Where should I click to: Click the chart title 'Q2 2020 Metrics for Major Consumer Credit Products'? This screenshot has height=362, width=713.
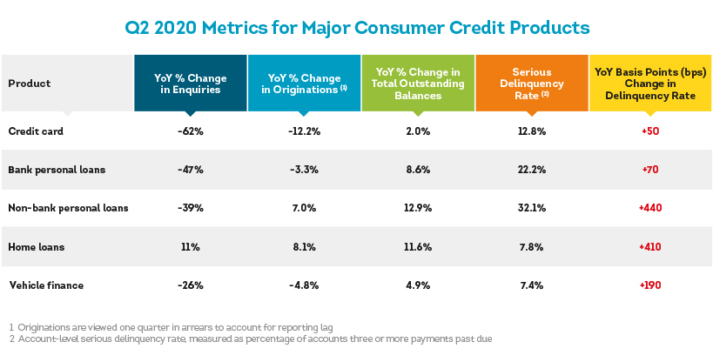357,28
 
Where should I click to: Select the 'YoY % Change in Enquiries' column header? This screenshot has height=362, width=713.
191,84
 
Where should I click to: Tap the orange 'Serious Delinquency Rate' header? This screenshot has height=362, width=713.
532,84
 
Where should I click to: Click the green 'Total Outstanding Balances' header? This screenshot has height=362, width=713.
418,84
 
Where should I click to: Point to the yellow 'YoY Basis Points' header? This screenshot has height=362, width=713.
650,84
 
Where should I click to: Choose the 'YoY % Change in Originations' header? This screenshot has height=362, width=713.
304,84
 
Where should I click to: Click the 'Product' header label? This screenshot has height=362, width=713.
30,84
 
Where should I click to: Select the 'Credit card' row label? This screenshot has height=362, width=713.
36,131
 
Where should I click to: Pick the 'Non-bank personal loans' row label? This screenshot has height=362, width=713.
68,208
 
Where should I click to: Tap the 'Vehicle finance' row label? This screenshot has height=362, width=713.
46,285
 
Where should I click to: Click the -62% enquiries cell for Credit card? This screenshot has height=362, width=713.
191,131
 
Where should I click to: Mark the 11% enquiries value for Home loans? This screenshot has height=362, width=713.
191,247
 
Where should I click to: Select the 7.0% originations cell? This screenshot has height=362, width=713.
304,208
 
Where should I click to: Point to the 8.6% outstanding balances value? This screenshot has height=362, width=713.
418,170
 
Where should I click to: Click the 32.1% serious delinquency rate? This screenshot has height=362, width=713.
532,208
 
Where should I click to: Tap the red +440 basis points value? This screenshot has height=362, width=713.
650,208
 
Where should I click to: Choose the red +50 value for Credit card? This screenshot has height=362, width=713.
650,131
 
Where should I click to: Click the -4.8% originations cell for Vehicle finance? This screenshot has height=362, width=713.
304,285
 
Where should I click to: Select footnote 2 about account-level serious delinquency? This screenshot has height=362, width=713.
250,339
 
